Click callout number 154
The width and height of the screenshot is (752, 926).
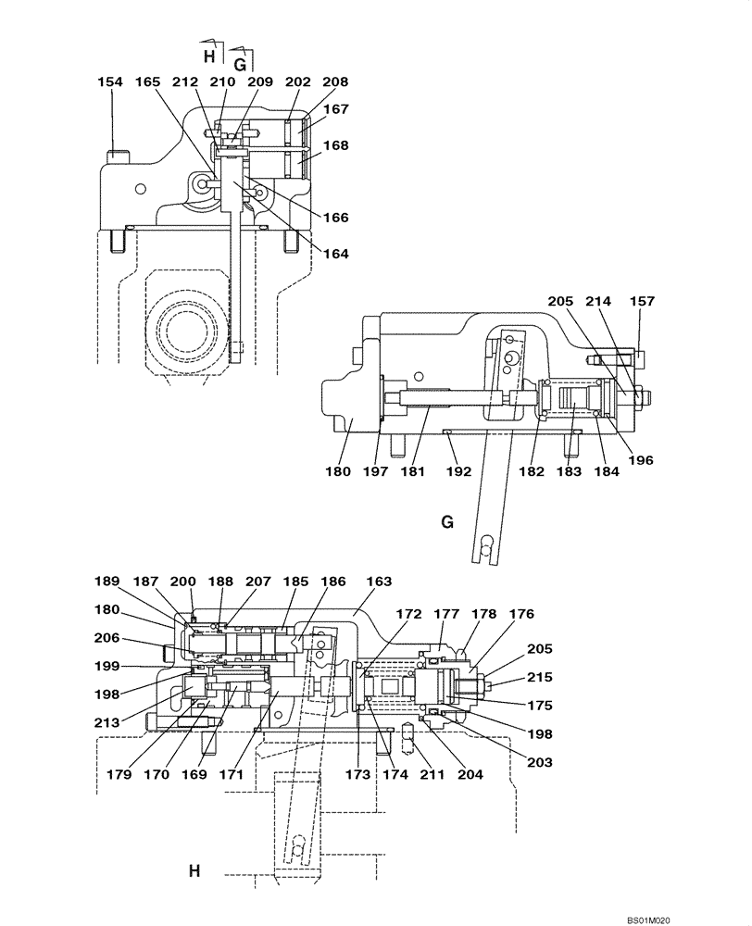coord(110,82)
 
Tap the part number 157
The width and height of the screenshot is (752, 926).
coord(642,301)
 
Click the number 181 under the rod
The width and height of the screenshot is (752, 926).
coord(412,471)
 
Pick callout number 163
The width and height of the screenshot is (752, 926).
coord(379,582)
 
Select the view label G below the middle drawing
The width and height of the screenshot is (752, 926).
coord(447,523)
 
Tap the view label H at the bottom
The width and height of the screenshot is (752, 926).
coord(194,871)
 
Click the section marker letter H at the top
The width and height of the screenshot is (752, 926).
coord(209,56)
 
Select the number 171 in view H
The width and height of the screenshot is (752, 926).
coord(231,774)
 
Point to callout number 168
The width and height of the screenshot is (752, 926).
coord(336,144)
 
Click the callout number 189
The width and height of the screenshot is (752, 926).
coord(107,582)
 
